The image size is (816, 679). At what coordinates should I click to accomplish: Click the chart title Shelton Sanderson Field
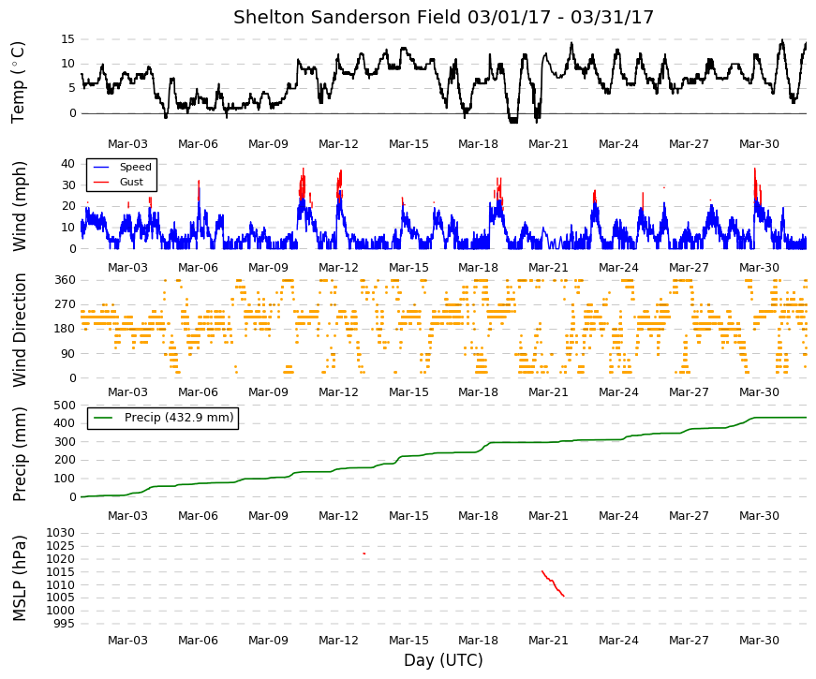[348, 17]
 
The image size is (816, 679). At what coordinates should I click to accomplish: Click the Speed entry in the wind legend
[135, 167]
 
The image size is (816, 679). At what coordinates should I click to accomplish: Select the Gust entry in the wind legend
[131, 182]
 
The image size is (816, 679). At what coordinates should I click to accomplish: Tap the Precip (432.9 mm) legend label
[179, 418]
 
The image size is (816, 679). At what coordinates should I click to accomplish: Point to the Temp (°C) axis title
[18, 82]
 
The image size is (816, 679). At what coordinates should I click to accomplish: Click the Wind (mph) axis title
[19, 207]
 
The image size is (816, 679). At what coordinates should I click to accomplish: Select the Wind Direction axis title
[19, 331]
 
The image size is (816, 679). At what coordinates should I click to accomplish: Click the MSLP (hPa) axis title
[19, 579]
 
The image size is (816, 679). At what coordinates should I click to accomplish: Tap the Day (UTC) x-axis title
[443, 659]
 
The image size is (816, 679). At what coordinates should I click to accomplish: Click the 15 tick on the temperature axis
[67, 39]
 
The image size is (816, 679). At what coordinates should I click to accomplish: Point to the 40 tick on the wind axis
[67, 164]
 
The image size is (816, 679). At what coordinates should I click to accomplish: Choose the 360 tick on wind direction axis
[65, 280]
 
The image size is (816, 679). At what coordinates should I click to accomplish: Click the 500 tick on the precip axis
[65, 405]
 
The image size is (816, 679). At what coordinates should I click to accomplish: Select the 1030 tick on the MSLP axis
[61, 533]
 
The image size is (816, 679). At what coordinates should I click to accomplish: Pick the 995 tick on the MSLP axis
[64, 624]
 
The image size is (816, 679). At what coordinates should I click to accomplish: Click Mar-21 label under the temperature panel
[548, 144]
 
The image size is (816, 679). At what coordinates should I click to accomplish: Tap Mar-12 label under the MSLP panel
[338, 641]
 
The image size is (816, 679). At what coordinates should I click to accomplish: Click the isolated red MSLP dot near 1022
[364, 554]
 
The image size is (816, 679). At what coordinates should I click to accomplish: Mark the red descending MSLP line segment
[553, 583]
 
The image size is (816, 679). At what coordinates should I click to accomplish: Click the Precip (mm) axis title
[19, 454]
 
